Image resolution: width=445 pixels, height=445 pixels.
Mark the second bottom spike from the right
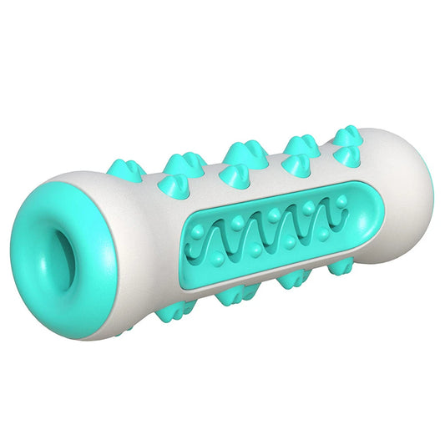[x=294, y=279]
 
